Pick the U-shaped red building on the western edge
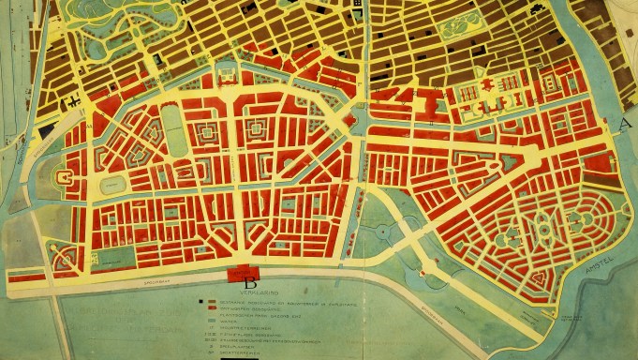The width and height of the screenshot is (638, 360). click(x=67, y=175)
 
